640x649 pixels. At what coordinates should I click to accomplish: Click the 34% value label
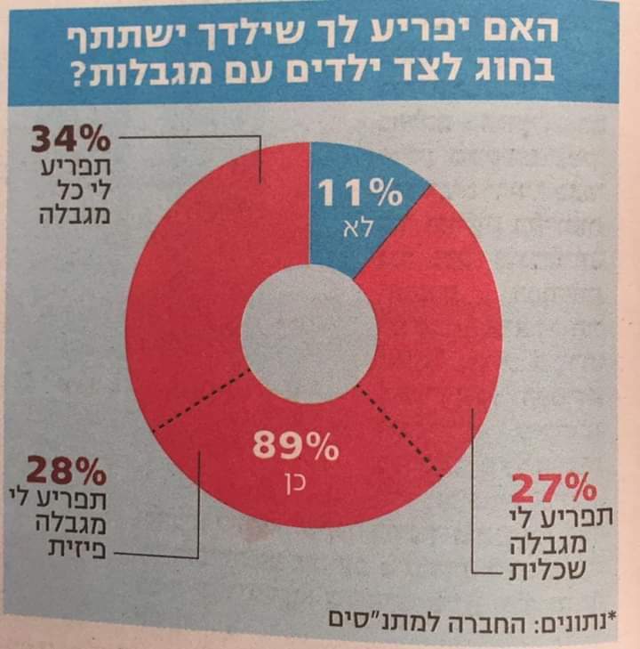tap(70, 140)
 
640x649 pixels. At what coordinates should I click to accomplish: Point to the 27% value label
tap(552, 489)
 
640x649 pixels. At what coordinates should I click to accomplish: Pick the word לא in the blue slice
tap(359, 229)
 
